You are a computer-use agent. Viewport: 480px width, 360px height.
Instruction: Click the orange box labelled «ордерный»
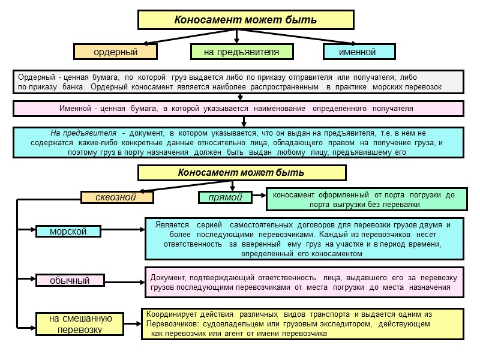coord(116,52)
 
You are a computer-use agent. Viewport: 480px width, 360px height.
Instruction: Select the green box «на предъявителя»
coord(241,52)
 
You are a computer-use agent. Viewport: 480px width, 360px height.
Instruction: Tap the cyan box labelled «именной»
coord(358,52)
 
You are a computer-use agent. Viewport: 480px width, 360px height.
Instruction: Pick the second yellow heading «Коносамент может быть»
coord(241,173)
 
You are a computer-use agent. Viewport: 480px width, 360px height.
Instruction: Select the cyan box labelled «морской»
coord(68,231)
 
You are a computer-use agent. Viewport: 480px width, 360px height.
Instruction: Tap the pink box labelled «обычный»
coord(70,280)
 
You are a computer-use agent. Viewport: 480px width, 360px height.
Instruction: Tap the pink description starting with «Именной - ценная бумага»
coord(238,108)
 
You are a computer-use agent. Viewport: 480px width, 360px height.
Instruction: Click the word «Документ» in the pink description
coord(167,278)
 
